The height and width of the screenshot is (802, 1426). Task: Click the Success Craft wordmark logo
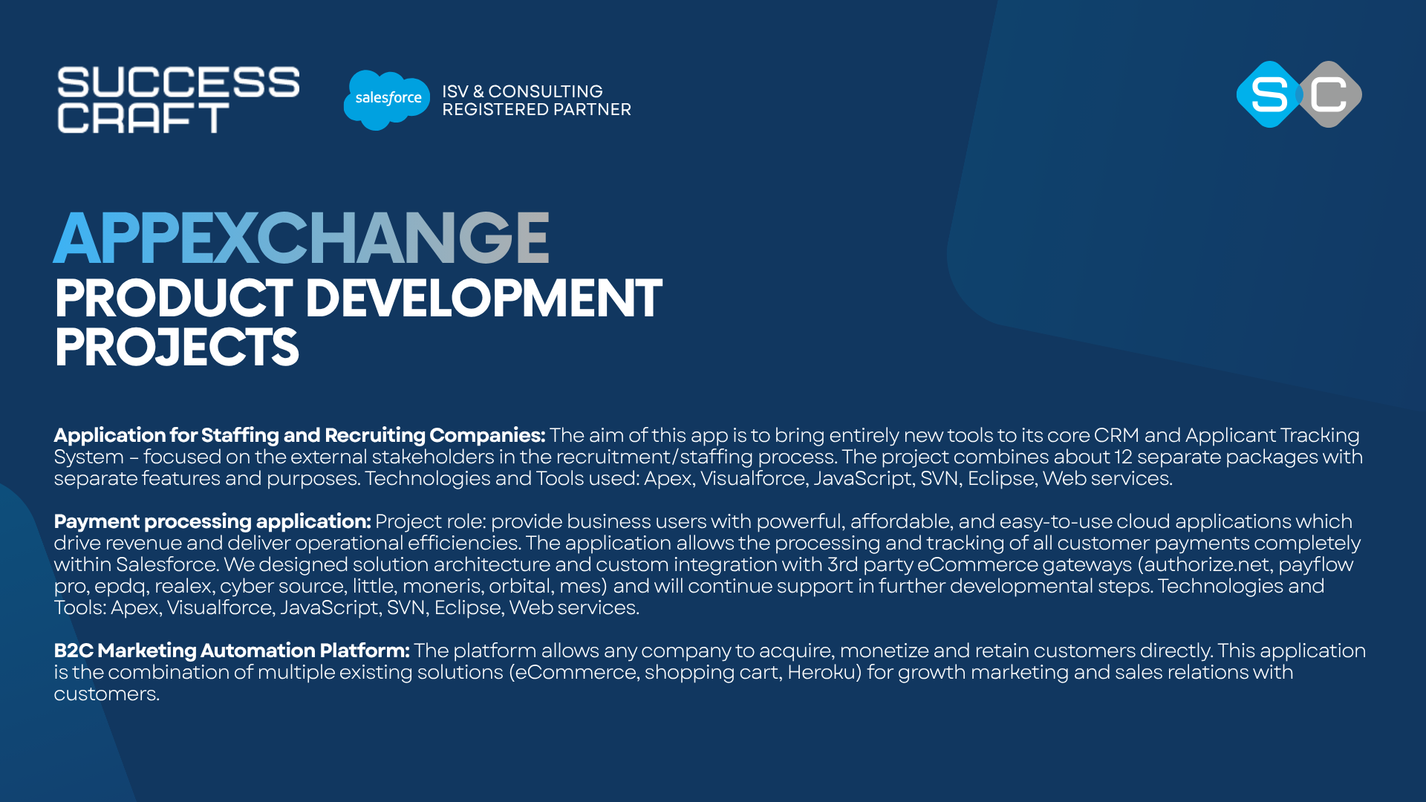pos(178,100)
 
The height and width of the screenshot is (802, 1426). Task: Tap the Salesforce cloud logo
pos(387,100)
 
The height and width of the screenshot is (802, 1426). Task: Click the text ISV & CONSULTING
pos(522,91)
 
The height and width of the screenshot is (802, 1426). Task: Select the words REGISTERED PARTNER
pos(536,110)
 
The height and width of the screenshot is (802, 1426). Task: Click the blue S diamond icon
pos(1269,94)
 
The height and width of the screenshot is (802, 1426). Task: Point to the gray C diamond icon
pos(1329,94)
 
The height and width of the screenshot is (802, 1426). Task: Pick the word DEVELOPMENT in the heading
pos(484,299)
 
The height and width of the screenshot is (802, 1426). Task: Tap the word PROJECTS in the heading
pos(177,348)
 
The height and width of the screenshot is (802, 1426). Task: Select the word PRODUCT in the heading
pos(174,299)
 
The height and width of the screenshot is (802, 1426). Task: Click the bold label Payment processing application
pos(212,521)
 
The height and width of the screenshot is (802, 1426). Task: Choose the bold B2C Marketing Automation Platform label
pos(232,651)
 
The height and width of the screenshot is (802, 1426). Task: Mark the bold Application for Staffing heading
pos(299,435)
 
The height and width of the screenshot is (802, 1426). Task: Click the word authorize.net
pos(1207,565)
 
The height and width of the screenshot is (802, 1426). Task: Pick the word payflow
pos(1315,565)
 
